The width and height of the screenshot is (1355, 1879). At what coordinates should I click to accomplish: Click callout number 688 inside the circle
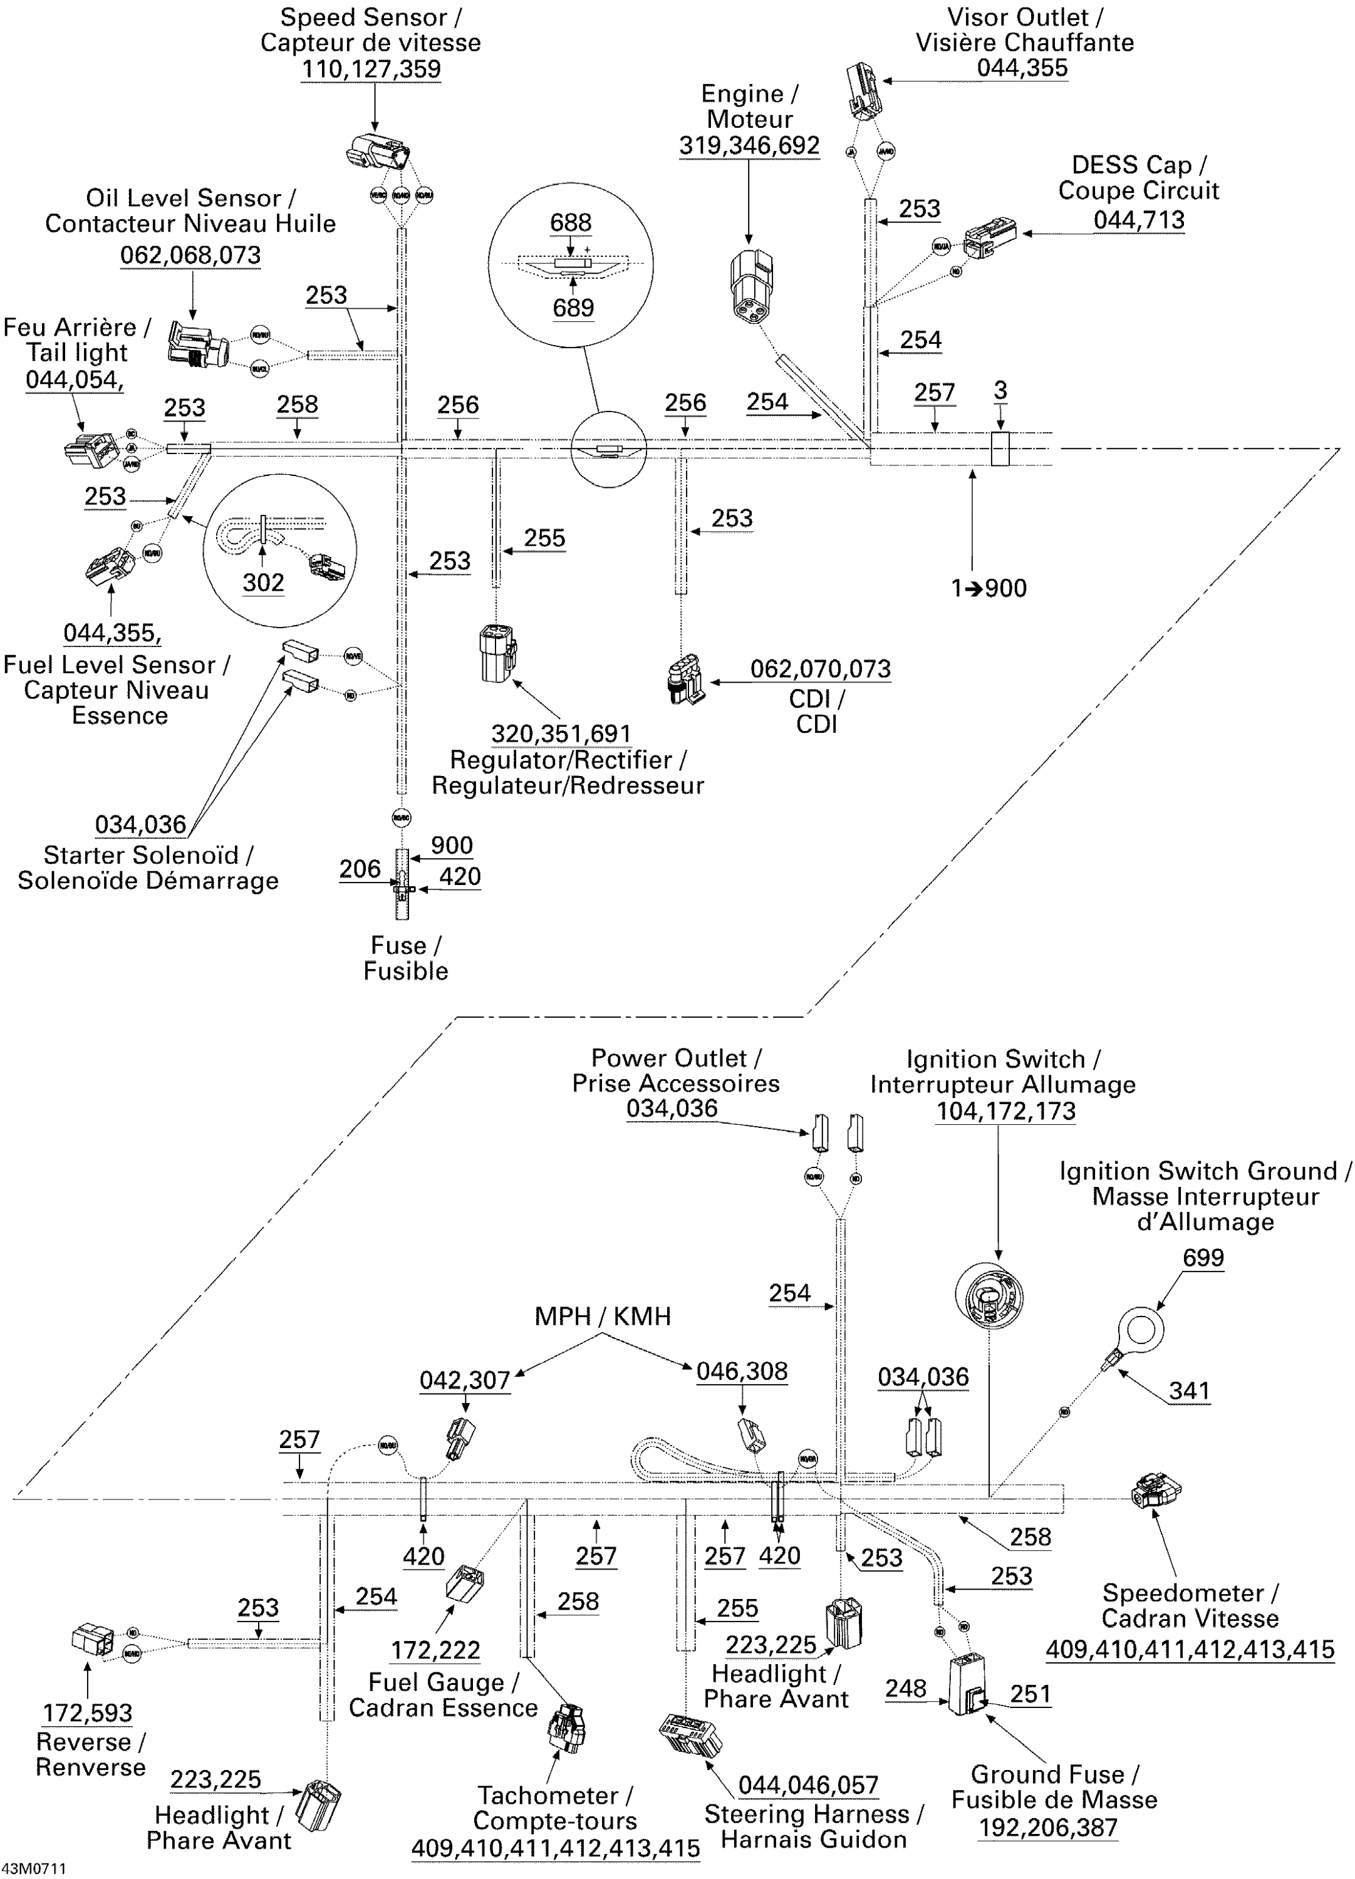point(571,223)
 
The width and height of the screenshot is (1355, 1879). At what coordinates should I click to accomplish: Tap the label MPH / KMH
point(603,1317)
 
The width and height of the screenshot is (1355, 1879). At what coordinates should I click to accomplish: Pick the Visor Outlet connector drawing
point(863,90)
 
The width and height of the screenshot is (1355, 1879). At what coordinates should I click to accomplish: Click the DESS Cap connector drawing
point(990,238)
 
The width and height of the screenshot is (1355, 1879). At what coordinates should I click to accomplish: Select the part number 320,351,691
point(561,734)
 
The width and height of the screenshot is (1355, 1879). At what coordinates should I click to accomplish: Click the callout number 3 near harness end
point(1000,390)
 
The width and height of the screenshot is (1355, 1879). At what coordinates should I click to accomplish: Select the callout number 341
point(1189,1391)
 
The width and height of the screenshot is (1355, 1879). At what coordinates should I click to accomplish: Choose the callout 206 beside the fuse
point(360,869)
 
